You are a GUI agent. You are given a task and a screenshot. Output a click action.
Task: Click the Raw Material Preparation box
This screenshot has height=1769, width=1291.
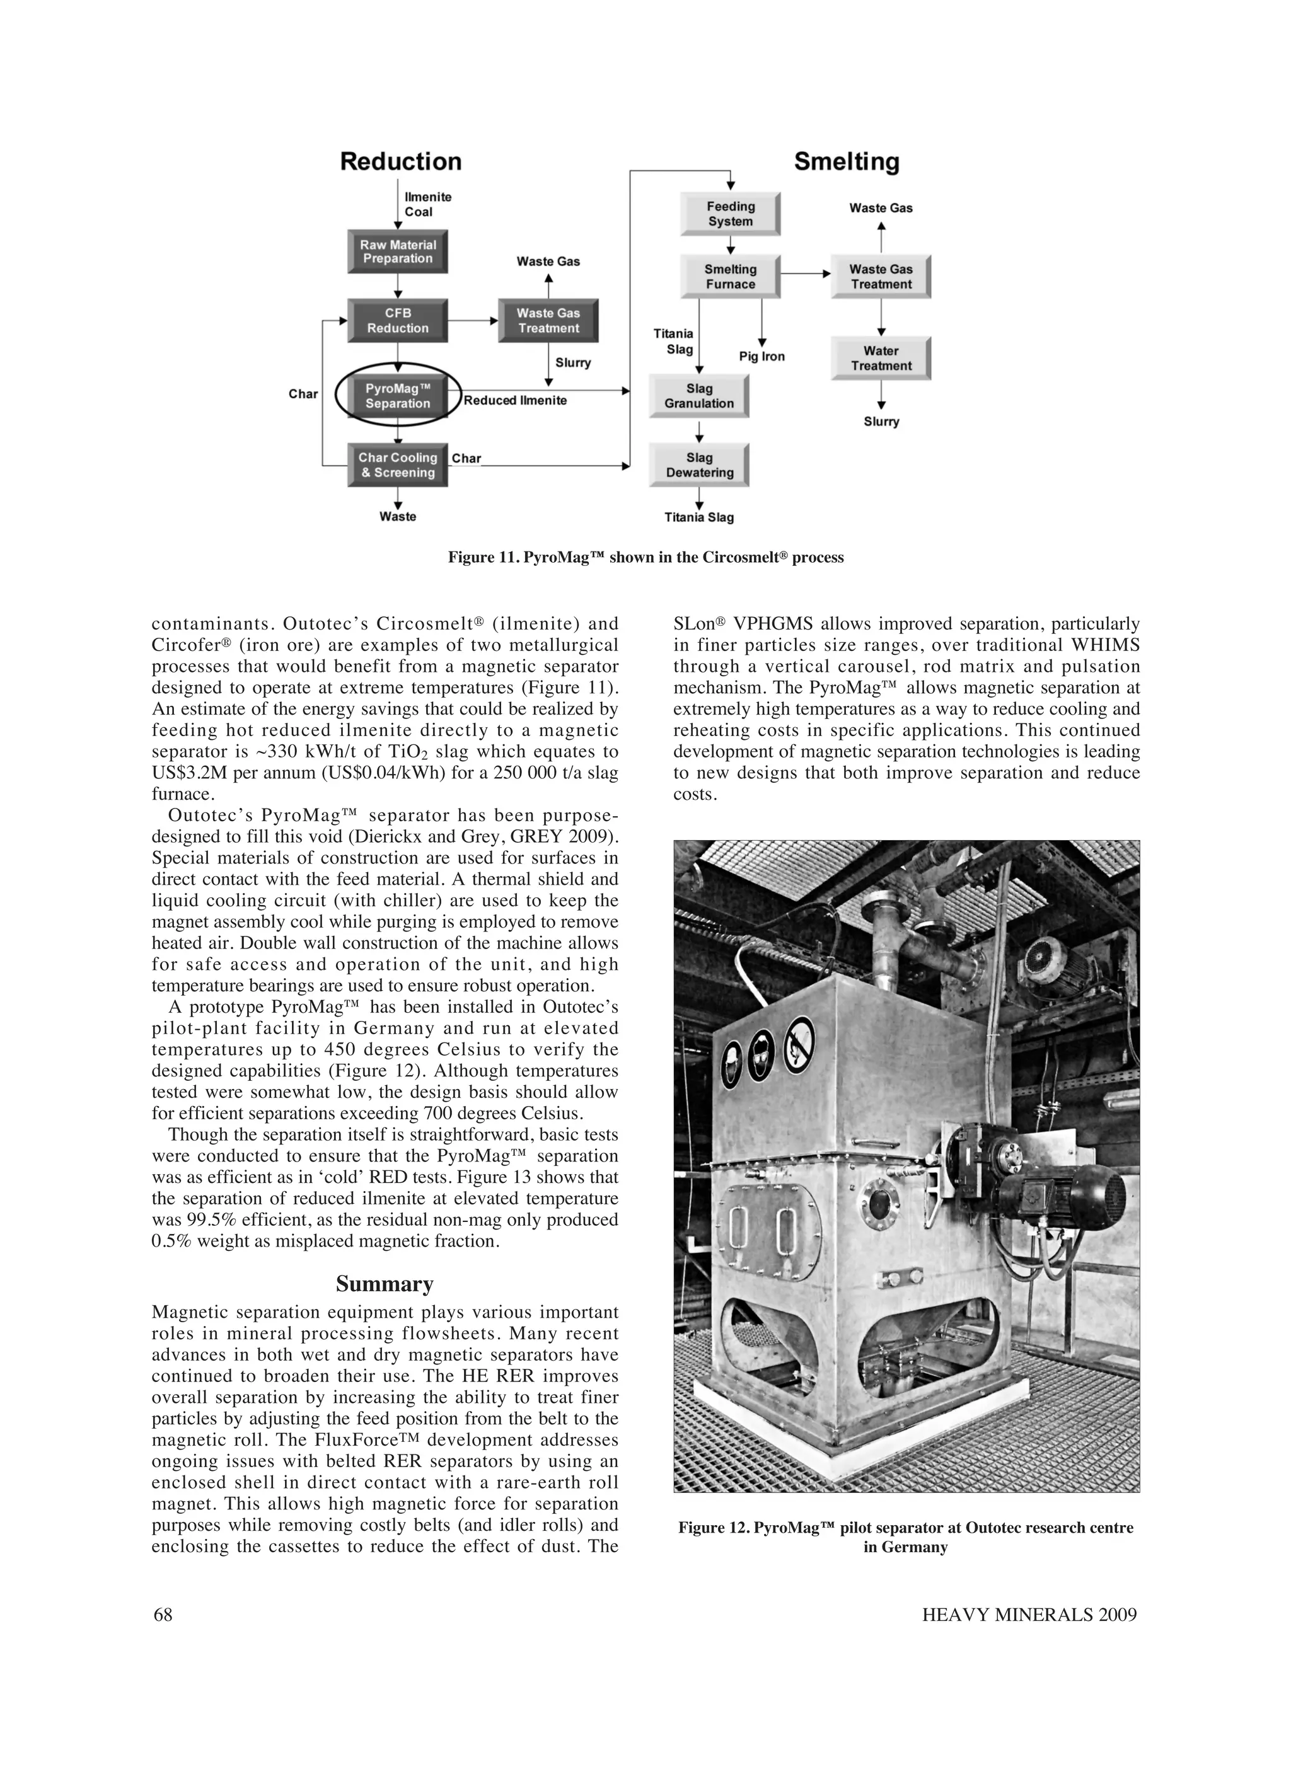click(397, 251)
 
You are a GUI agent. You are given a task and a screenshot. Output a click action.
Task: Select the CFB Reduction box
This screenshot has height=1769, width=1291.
click(397, 320)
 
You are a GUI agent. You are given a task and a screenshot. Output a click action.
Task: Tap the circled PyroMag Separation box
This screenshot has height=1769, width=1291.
click(397, 395)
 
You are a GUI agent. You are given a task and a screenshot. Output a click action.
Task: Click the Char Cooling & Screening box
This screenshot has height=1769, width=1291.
click(397, 465)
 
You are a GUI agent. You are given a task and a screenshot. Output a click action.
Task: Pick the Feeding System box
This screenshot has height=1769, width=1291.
click(730, 213)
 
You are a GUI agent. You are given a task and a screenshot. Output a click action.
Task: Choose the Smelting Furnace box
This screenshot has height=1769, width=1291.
click(730, 276)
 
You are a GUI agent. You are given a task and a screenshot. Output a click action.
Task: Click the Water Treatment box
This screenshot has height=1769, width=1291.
click(881, 358)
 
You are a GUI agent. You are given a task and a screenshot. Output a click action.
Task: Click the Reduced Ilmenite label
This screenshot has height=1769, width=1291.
click(515, 400)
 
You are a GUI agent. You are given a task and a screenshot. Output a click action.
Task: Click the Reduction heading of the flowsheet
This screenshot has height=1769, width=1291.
click(400, 162)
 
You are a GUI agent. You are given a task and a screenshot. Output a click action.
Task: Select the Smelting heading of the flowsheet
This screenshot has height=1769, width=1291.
click(847, 162)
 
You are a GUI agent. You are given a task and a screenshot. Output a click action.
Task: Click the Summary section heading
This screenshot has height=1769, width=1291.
click(385, 1284)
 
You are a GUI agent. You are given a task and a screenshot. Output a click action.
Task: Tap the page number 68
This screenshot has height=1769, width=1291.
click(163, 1615)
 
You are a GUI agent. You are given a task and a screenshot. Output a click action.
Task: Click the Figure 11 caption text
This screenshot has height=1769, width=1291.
click(645, 557)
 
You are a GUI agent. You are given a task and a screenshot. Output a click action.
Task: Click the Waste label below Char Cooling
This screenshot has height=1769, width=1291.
click(397, 517)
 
